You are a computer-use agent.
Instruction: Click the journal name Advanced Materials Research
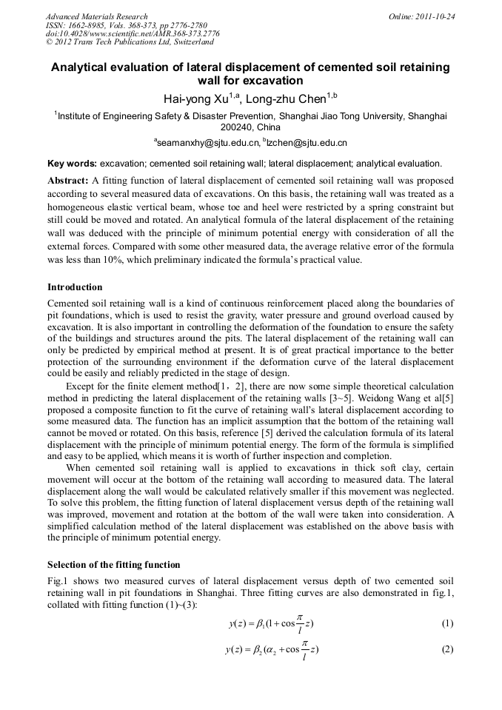coord(96,16)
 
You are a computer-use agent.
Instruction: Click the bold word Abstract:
coord(68,181)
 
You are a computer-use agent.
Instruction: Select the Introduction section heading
coord(75,287)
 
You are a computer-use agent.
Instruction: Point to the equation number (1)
coord(447,623)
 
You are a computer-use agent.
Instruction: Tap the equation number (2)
coord(447,650)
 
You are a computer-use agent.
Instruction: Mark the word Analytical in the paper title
coord(84,67)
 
